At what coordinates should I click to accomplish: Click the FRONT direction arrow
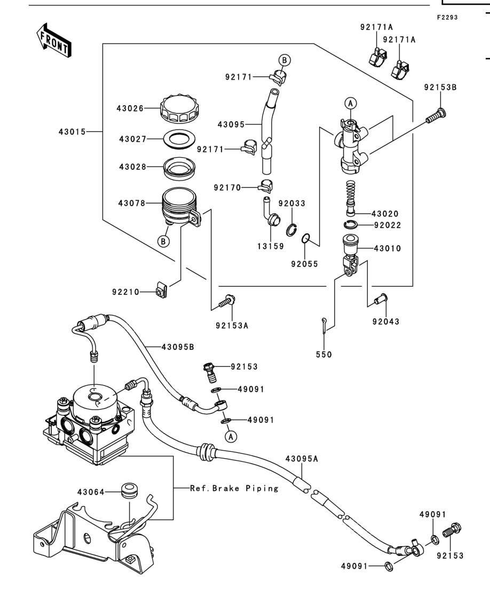(54, 40)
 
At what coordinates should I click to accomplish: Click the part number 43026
(130, 108)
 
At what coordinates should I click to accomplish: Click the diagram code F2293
(447, 17)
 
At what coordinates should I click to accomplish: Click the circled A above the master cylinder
(351, 104)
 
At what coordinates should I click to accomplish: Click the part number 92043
(386, 321)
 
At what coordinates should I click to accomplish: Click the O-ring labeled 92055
(306, 238)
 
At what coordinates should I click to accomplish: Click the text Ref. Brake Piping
(234, 488)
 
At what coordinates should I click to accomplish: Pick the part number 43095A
(302, 459)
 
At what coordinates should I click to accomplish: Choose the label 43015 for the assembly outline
(72, 131)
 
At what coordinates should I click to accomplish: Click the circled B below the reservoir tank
(163, 241)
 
